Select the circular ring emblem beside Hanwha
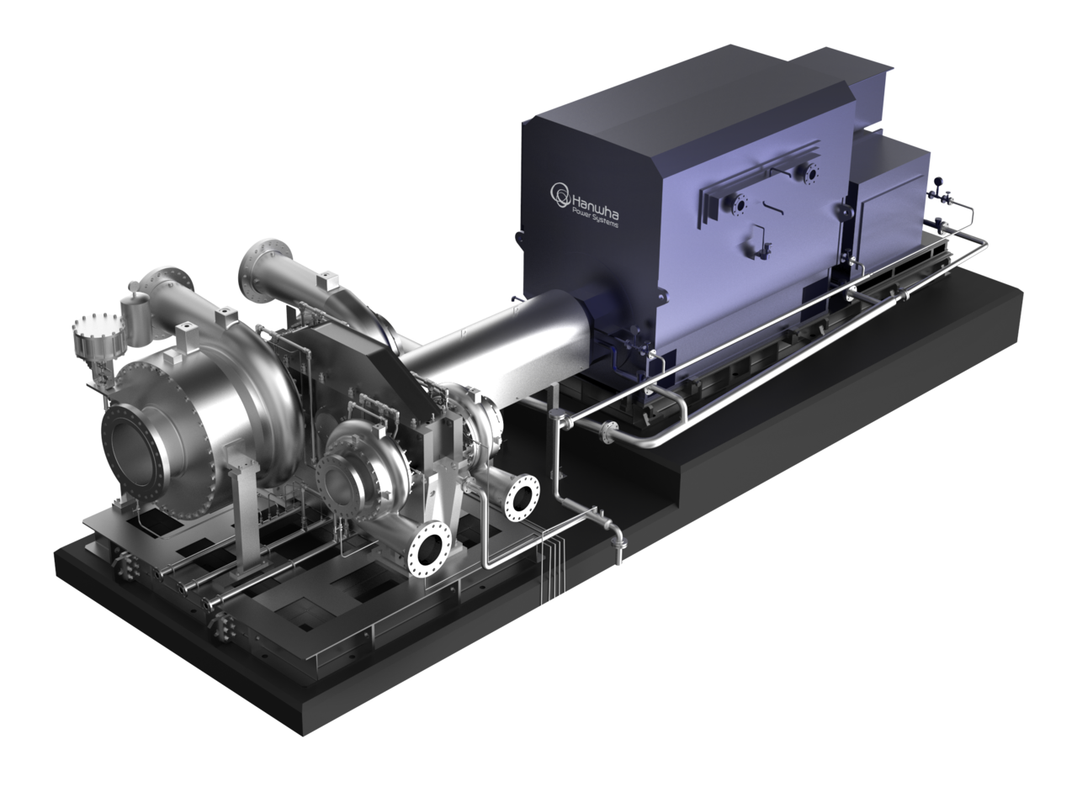560,194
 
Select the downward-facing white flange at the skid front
430,549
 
